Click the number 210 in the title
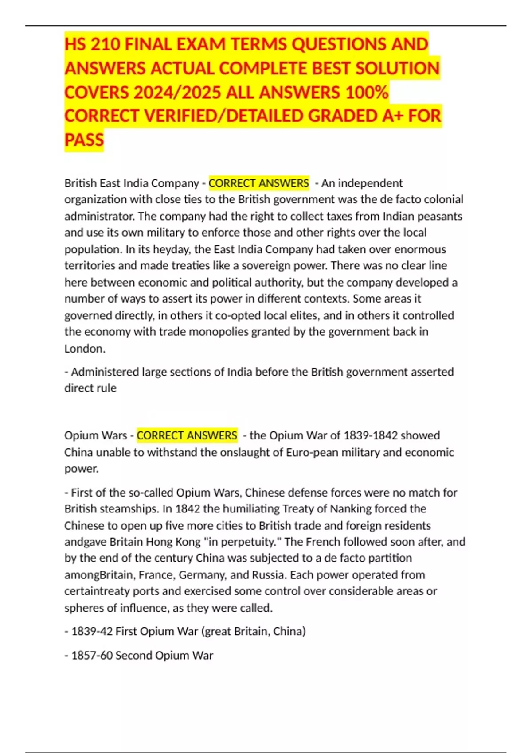[x=104, y=44]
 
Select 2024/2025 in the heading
[x=177, y=92]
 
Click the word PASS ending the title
[x=84, y=140]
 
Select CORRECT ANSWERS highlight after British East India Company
[x=258, y=183]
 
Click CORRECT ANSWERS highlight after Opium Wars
[x=187, y=435]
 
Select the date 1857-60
[x=92, y=655]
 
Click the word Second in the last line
[x=133, y=655]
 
